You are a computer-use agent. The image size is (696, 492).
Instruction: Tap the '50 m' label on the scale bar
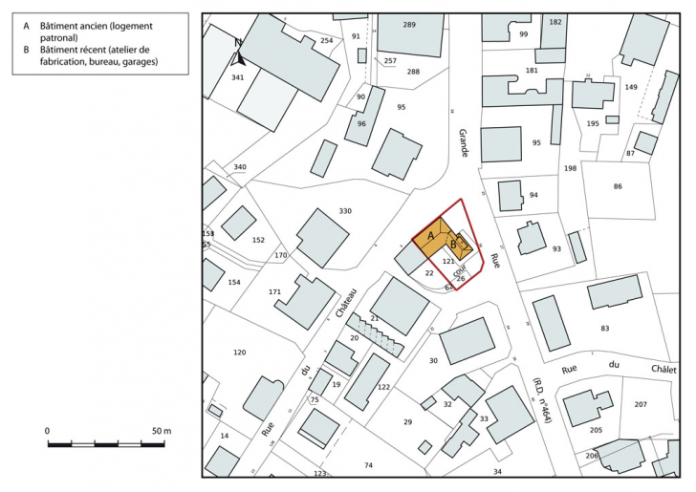pos(160,432)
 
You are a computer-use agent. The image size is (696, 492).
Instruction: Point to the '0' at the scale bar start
pos(48,432)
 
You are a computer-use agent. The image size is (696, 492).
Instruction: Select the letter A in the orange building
pos(431,234)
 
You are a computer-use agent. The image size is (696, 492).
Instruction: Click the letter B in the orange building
pos(453,244)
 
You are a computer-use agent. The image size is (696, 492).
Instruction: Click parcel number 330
pos(345,210)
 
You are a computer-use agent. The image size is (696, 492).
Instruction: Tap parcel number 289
pos(409,24)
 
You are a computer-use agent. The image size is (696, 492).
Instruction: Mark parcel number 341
pos(238,76)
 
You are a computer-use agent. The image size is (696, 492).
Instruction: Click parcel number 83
pos(604,329)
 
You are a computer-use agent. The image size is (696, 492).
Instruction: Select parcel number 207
pos(640,405)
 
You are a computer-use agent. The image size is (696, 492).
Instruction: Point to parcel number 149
pos(631,87)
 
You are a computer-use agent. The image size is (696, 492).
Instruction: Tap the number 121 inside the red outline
pos(448,260)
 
